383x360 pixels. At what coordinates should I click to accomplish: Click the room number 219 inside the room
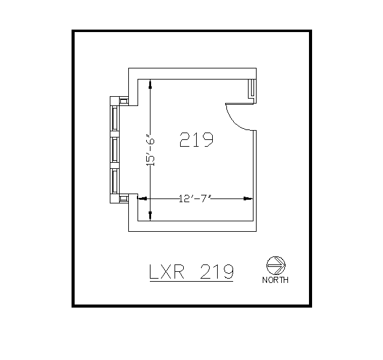196,140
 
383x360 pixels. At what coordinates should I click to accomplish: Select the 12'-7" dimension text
195,198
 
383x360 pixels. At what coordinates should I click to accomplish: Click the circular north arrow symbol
274,265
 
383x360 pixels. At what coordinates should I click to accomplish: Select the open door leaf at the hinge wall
226,104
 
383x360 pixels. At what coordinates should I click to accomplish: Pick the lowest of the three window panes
114,179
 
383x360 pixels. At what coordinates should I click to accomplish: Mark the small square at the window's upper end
123,99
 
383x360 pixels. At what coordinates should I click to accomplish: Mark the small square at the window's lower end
123,198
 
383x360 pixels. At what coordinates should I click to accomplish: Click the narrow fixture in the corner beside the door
252,89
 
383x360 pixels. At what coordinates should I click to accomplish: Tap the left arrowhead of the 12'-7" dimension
141,198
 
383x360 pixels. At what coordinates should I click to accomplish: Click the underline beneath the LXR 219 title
191,282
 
